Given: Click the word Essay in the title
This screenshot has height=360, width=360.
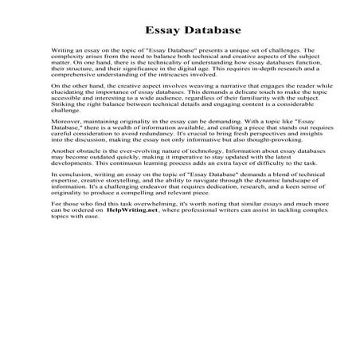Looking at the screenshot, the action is point(159,31).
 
